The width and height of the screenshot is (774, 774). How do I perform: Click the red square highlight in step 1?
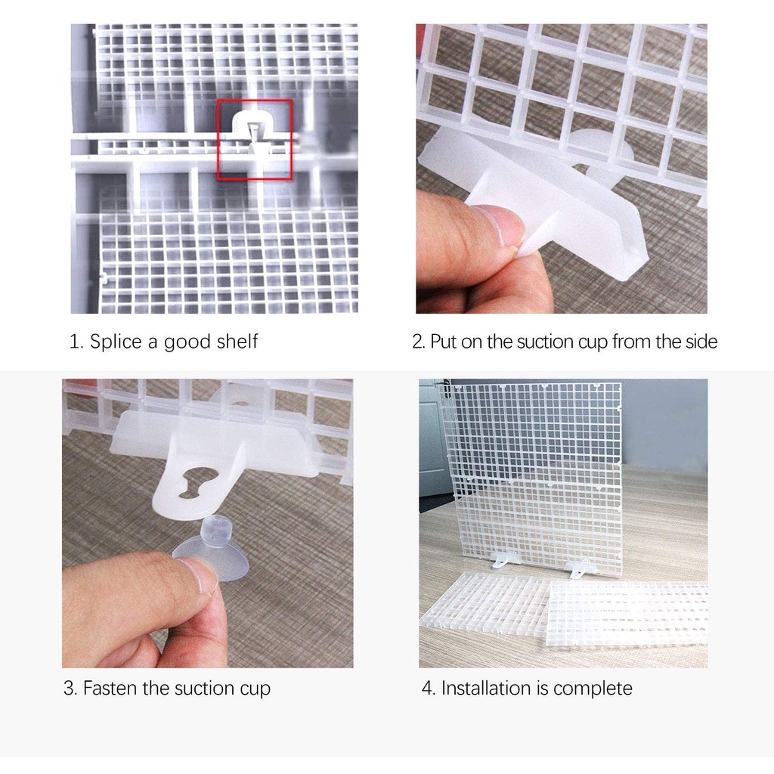point(218,140)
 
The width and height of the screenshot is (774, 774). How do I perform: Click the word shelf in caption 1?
point(237,341)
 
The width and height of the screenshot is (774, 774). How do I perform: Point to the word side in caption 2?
point(701,342)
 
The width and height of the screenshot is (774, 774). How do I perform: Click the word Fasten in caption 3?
point(110,688)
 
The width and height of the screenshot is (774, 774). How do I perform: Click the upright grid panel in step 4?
point(531,476)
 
